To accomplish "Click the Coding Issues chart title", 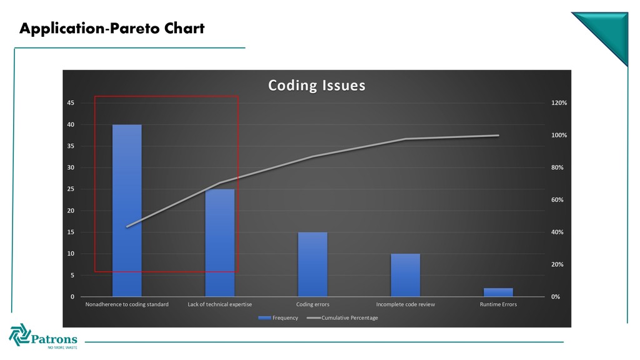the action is click(x=317, y=85).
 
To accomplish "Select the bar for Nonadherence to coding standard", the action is click(x=127, y=211).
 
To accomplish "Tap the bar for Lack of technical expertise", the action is click(x=219, y=243).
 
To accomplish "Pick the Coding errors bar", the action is click(x=312, y=264).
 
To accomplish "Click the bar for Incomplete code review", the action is click(x=405, y=275).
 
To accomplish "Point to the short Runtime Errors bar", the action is click(x=498, y=292).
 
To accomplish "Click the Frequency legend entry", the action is click(x=278, y=317).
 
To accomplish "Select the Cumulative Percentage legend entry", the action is click(x=342, y=317).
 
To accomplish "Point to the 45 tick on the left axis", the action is click(x=71, y=103).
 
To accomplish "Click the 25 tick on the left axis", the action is click(x=71, y=189).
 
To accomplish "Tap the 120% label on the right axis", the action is click(x=559, y=103).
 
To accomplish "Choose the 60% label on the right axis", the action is click(x=557, y=199).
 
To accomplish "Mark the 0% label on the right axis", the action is click(x=556, y=297).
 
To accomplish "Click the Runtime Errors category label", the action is click(x=498, y=304).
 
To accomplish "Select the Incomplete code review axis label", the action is click(x=405, y=304).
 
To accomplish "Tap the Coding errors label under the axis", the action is click(x=312, y=304).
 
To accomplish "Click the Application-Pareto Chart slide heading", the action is click(x=112, y=28).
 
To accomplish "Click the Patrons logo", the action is click(x=43, y=336).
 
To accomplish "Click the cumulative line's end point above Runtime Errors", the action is click(x=498, y=136).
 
